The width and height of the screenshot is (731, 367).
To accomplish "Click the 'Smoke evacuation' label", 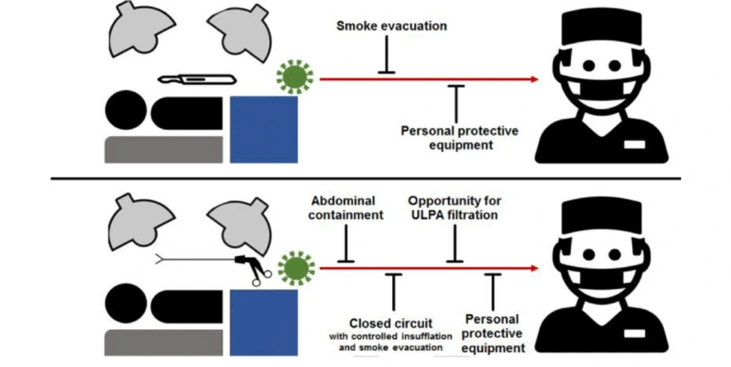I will (391, 26).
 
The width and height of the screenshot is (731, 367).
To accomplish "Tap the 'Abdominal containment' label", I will (345, 208).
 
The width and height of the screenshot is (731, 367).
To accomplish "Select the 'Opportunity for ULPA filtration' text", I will (453, 208).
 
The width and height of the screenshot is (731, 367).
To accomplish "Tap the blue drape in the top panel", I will (264, 129).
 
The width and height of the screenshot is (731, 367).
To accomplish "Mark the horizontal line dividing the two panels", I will (365, 179).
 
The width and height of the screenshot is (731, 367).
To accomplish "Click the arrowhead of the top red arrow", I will (534, 79).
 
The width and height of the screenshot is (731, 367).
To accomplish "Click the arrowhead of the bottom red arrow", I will (534, 268).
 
